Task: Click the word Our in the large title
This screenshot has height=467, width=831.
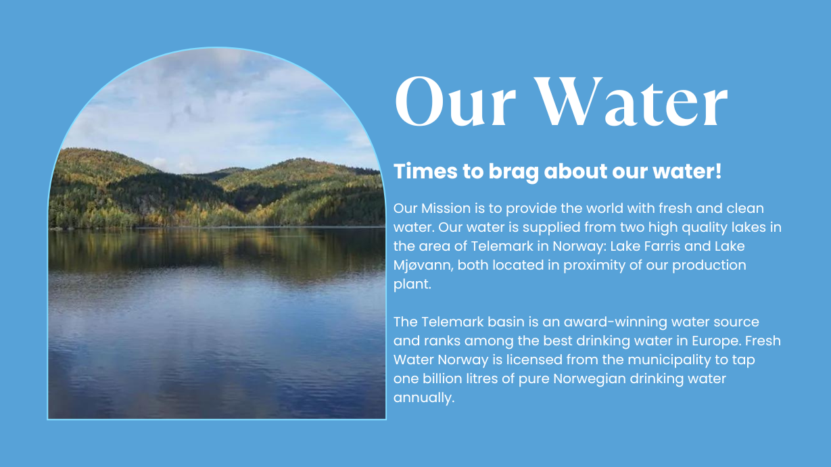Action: [455, 101]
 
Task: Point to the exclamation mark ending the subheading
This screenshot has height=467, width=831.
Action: [718, 171]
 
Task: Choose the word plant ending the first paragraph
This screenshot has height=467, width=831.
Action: [412, 285]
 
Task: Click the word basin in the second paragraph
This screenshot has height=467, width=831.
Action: [506, 322]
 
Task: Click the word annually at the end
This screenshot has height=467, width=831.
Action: [424, 398]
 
